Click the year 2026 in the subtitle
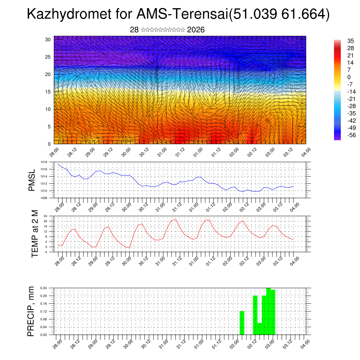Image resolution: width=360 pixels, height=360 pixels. coord(196,30)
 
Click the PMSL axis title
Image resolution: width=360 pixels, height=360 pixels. coord(32,180)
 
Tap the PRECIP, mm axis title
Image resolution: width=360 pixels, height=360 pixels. coord(31,311)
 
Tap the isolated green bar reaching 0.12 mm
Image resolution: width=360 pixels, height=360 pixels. coord(242,323)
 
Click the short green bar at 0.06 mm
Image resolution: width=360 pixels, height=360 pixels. coord(259,329)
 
